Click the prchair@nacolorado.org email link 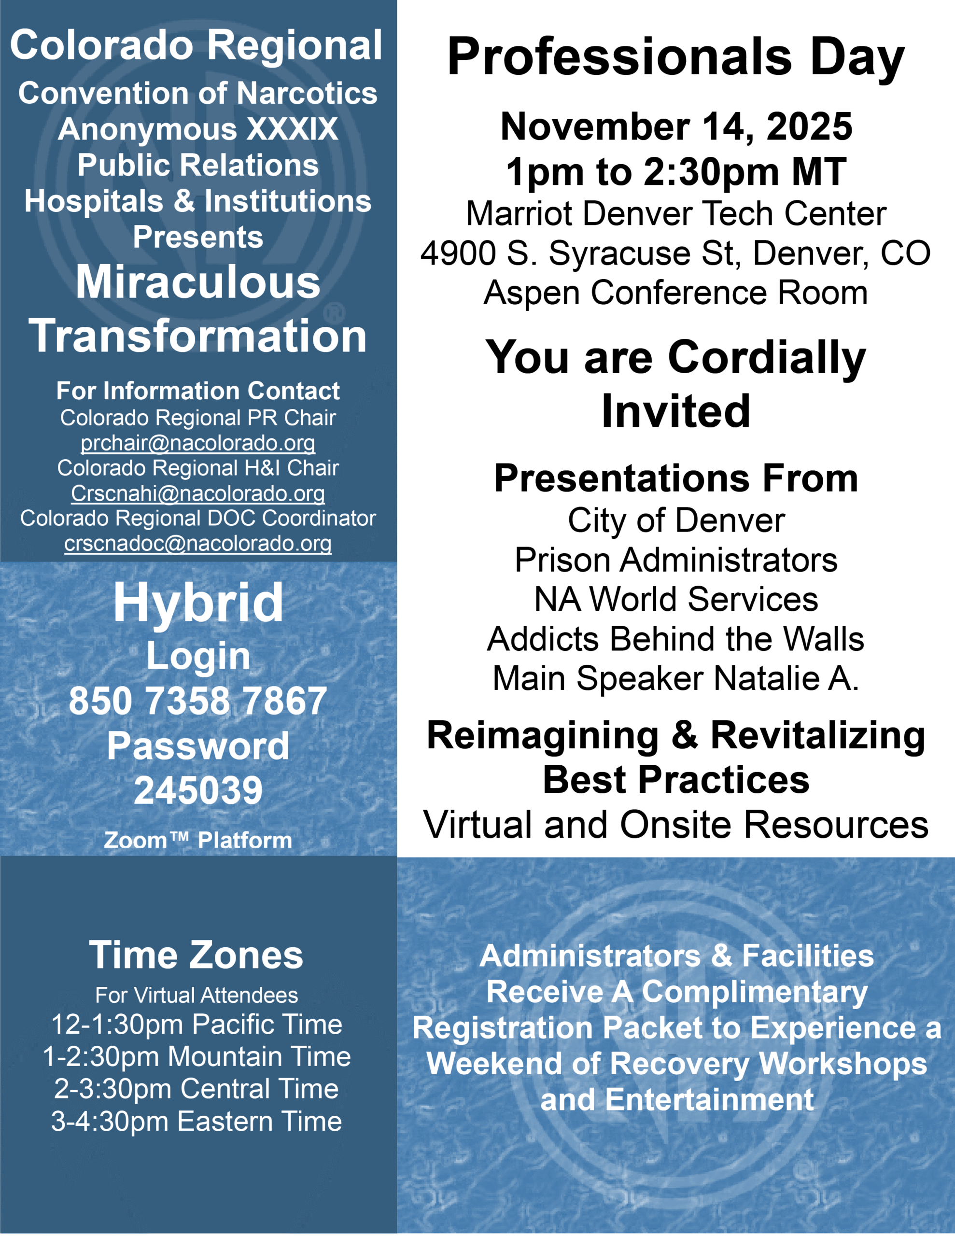[197, 443]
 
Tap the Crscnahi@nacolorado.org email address [197, 493]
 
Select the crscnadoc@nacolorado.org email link [197, 543]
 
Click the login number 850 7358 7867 [197, 701]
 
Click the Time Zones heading [196, 955]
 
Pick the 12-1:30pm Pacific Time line [197, 1025]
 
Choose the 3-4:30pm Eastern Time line [197, 1121]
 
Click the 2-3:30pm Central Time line [197, 1089]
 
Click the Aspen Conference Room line [675, 293]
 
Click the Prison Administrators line [676, 560]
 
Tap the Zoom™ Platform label [198, 841]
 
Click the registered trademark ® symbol [335, 312]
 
